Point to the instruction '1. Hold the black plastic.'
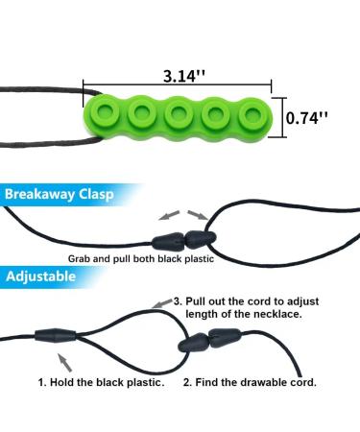(103, 382)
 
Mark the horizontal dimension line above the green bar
(179, 84)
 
